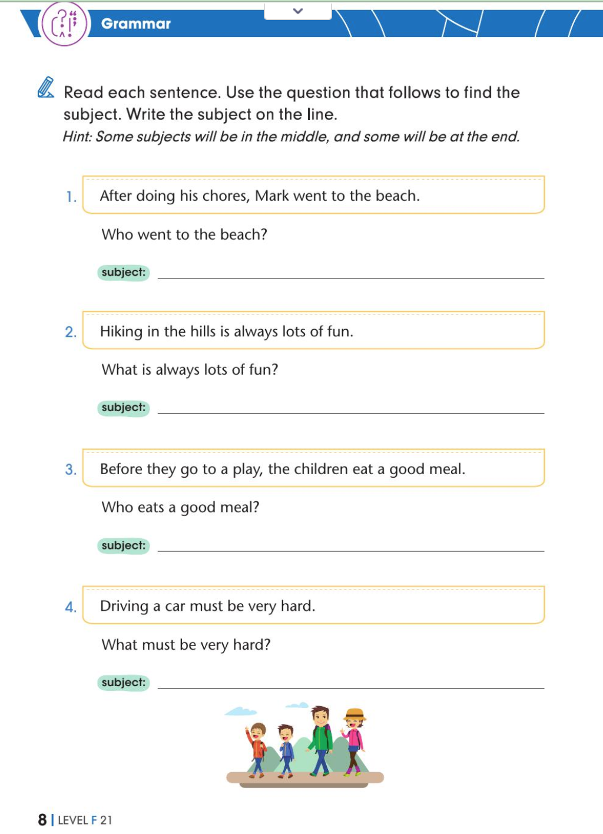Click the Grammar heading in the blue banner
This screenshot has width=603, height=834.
tap(135, 24)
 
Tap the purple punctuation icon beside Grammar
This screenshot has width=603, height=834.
tap(64, 24)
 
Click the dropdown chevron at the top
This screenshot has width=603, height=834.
tap(298, 11)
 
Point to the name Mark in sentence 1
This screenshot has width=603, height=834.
tap(272, 196)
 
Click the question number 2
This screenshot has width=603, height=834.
tap(71, 332)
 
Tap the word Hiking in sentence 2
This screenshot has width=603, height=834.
tap(121, 332)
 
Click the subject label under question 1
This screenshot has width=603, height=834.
tap(123, 272)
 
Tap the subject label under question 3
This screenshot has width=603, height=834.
tap(123, 545)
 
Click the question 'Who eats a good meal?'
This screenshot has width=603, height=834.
tap(180, 507)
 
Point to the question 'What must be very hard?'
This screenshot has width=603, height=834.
tap(186, 644)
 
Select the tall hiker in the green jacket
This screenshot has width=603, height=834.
tap(320, 739)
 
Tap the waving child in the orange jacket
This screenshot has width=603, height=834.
tap(257, 747)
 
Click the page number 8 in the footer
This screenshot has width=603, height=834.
tap(42, 820)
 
